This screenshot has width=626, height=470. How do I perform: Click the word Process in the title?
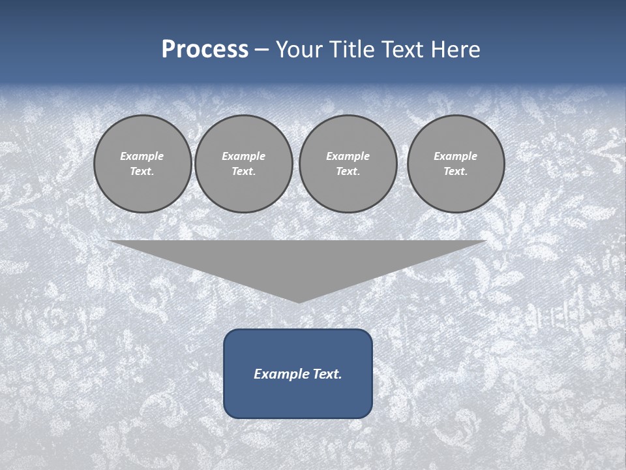[x=205, y=50]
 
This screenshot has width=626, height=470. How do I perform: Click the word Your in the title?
[x=298, y=50]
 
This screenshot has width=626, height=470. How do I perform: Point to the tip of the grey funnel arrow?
[x=299, y=301]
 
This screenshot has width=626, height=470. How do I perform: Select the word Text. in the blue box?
[x=327, y=374]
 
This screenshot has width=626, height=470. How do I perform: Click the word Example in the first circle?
[x=142, y=156]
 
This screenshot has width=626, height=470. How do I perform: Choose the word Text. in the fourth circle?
[x=456, y=171]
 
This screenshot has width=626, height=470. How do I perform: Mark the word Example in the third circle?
[x=348, y=156]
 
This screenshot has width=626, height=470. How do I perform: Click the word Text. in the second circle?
[x=244, y=171]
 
